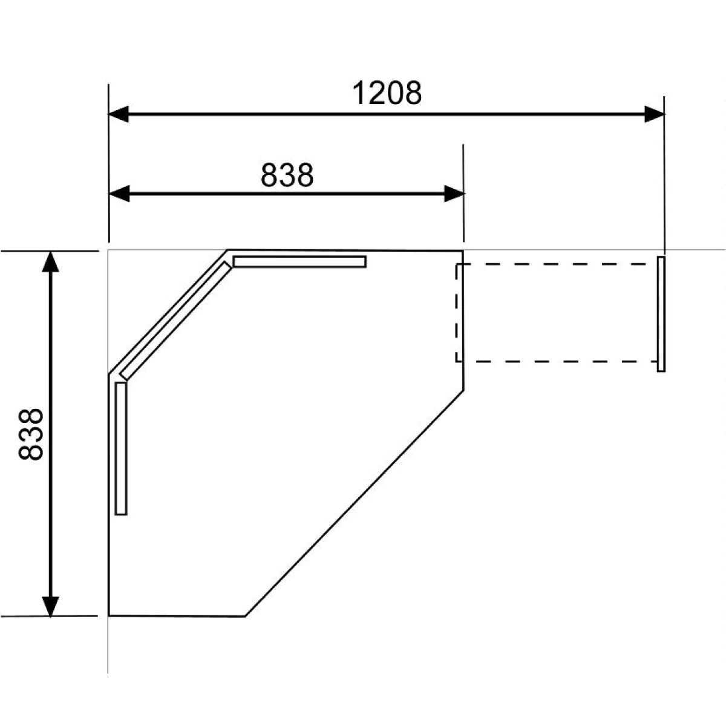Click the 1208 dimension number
pos(387,93)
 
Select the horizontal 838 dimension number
pos(287,175)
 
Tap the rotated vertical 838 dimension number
pos(31,434)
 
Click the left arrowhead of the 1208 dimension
pos(119,114)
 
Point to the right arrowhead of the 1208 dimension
pos(655,114)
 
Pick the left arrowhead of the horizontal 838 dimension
pos(119,194)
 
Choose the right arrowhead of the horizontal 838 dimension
pos(454,194)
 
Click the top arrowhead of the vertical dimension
pos(50,261)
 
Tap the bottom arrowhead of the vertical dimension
pos(50,607)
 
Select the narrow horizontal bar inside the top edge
pos(299,262)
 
